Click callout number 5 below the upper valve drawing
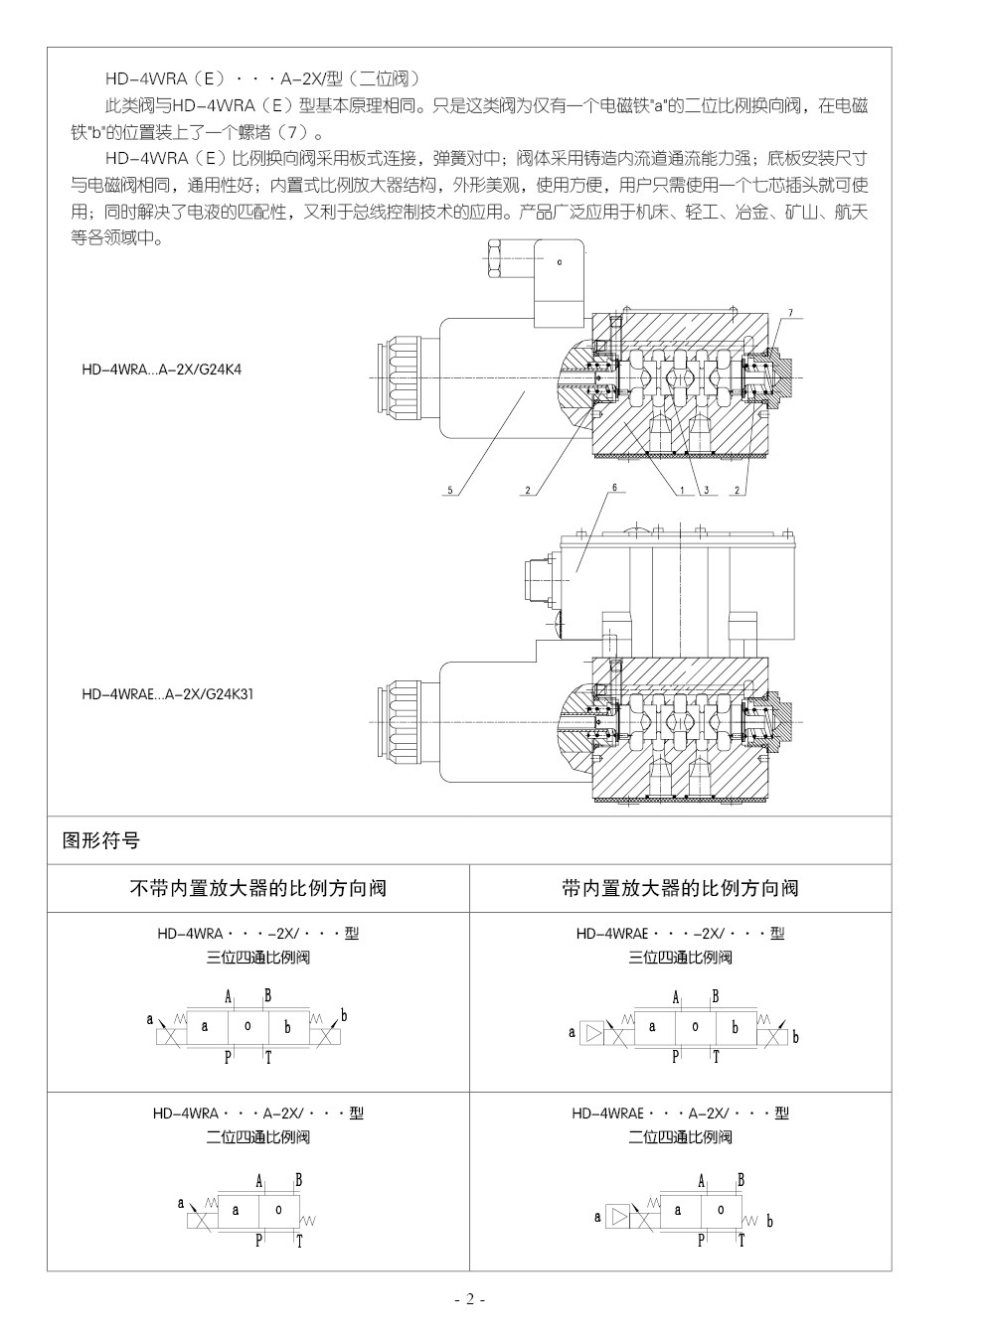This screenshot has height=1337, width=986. (449, 490)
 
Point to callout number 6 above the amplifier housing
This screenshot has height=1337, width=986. (614, 488)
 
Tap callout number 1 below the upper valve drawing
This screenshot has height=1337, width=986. (683, 490)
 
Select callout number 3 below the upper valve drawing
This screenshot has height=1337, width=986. (703, 490)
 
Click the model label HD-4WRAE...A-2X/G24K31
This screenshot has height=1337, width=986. (168, 694)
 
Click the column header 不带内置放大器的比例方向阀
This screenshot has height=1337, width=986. (258, 888)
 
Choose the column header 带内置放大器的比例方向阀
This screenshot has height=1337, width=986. (680, 888)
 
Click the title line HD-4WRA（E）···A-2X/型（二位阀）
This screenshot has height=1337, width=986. (264, 78)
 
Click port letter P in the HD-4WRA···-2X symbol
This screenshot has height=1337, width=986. (228, 1057)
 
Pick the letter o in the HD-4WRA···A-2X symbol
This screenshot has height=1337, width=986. (278, 1209)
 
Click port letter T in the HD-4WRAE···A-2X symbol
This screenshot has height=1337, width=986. (739, 1240)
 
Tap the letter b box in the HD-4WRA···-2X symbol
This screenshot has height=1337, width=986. (287, 1027)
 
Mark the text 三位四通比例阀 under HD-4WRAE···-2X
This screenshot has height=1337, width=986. (680, 958)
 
